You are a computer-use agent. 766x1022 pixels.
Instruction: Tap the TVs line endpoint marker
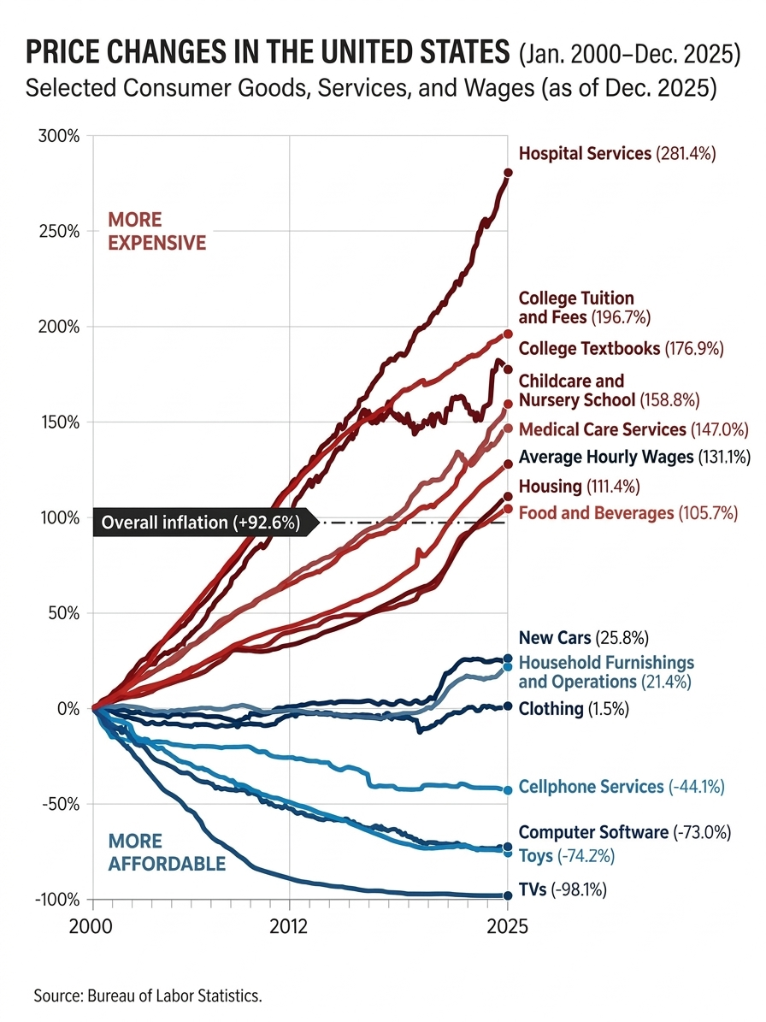click(x=507, y=895)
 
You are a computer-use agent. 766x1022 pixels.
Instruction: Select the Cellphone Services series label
click(x=622, y=787)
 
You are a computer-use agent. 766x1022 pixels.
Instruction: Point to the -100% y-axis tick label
click(x=57, y=899)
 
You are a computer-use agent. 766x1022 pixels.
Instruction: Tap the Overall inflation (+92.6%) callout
click(x=200, y=522)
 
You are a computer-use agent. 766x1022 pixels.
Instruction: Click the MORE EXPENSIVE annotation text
click(x=156, y=232)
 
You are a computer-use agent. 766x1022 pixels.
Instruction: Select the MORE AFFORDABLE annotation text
click(x=167, y=853)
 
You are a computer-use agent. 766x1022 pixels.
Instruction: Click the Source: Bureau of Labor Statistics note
click(x=147, y=995)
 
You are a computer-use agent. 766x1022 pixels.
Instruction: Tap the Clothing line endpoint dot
click(x=507, y=706)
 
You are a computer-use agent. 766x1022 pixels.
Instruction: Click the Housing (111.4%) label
click(x=579, y=487)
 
